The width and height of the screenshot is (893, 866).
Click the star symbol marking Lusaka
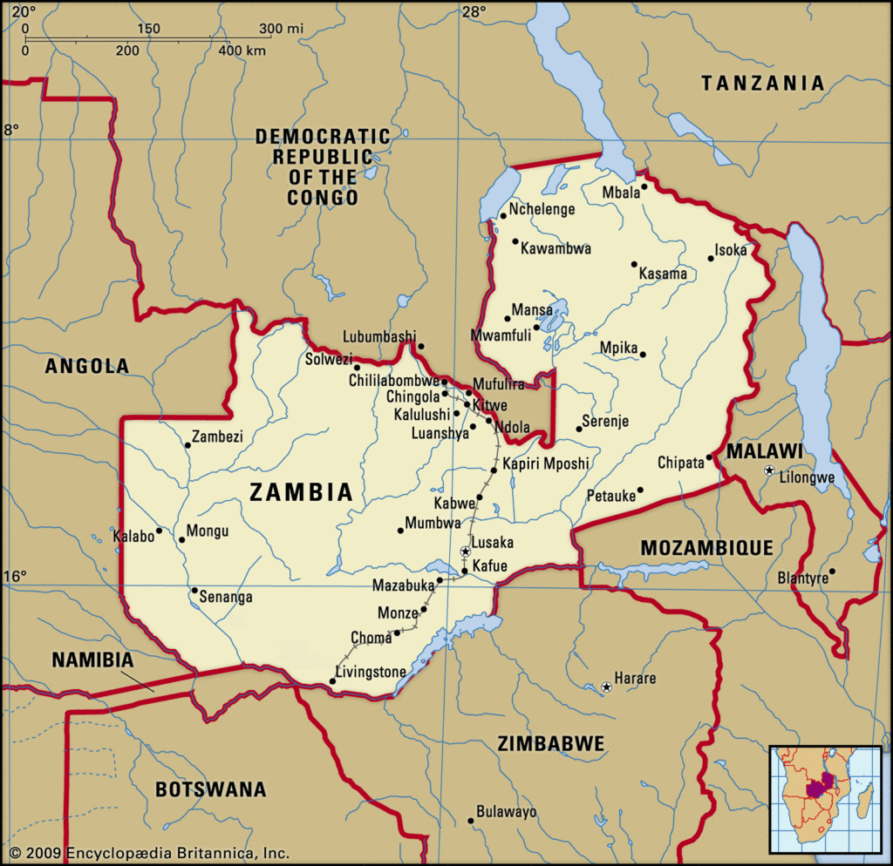(466, 551)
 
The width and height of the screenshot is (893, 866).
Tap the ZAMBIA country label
(301, 492)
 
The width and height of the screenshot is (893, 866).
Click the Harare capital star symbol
(607, 687)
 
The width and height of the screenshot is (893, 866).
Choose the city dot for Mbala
(644, 186)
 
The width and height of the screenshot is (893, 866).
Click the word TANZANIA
(763, 84)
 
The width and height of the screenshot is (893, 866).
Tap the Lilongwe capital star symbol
(768, 470)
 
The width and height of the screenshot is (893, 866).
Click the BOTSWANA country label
(210, 789)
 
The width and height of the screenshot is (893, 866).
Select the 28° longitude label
(474, 11)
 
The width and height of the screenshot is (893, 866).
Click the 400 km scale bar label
(242, 51)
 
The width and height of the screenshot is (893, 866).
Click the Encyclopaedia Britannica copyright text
(148, 854)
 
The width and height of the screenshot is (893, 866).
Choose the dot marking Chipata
(709, 457)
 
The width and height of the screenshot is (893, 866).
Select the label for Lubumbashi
(379, 336)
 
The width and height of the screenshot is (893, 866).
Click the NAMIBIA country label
(92, 660)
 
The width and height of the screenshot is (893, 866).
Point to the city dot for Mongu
(181, 539)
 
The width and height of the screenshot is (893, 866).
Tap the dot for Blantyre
(832, 572)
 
